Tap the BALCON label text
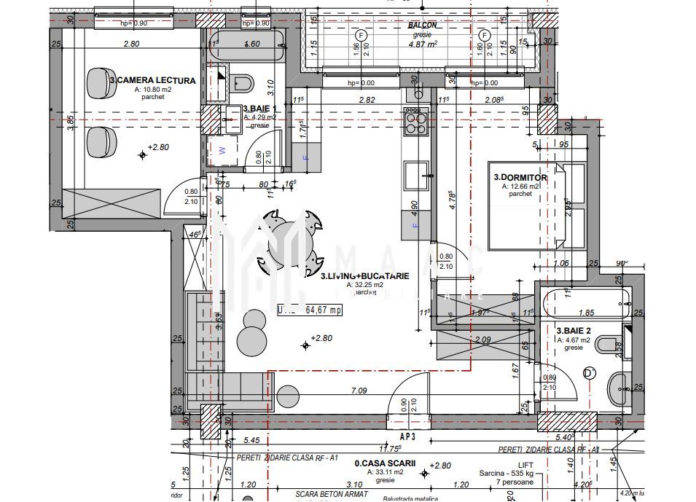423,25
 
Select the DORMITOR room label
520,177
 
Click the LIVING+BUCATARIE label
365,276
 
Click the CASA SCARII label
385,463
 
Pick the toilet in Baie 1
243,83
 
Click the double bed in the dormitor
537,205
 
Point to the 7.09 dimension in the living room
359,391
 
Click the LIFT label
525,464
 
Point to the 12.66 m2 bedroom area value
520,187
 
